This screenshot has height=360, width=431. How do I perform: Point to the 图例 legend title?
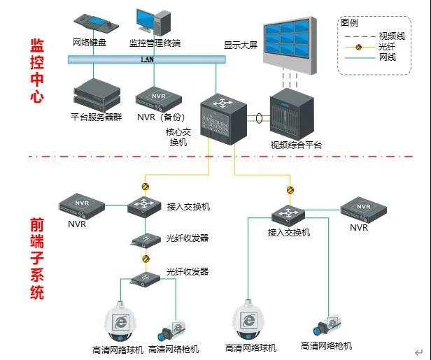click(350, 22)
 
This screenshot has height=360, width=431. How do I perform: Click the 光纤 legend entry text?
click(386, 46)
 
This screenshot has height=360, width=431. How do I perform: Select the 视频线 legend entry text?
click(390, 36)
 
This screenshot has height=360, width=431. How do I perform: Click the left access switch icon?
click(145, 206)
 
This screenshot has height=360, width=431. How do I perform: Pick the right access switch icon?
click(288, 213)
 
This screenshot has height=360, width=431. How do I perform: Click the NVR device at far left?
click(81, 203)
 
